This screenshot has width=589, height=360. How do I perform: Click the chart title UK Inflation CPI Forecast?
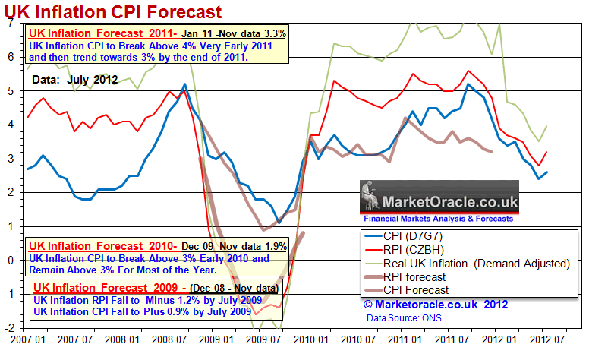114,11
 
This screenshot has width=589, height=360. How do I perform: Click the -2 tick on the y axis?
8,327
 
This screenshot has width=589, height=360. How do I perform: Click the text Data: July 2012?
74,79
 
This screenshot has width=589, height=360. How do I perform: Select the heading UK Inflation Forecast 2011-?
91,33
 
